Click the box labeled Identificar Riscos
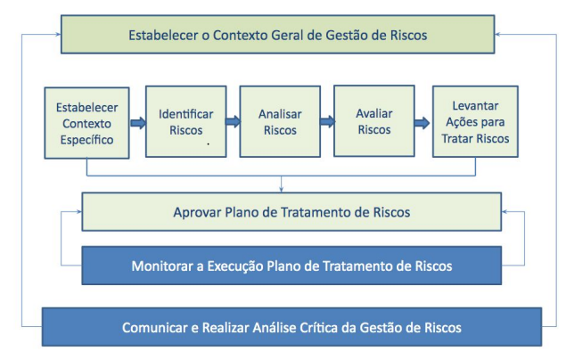pos(186,122)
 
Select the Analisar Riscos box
pos(280,122)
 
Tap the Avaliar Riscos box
pos(374,121)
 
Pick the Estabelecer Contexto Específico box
pos(86,123)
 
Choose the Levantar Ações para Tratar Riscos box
pos(475,122)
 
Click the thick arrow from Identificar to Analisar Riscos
pos(233,121)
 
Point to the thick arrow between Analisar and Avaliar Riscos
pos(327,121)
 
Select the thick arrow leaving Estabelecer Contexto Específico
pos(138,123)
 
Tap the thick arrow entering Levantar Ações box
pos(422,123)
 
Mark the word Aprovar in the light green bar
pos(197,212)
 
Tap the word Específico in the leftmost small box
pos(86,140)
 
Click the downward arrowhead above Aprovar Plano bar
pos(281,190)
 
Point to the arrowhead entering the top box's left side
pos(58,35)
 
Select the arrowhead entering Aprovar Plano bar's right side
pos(504,211)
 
